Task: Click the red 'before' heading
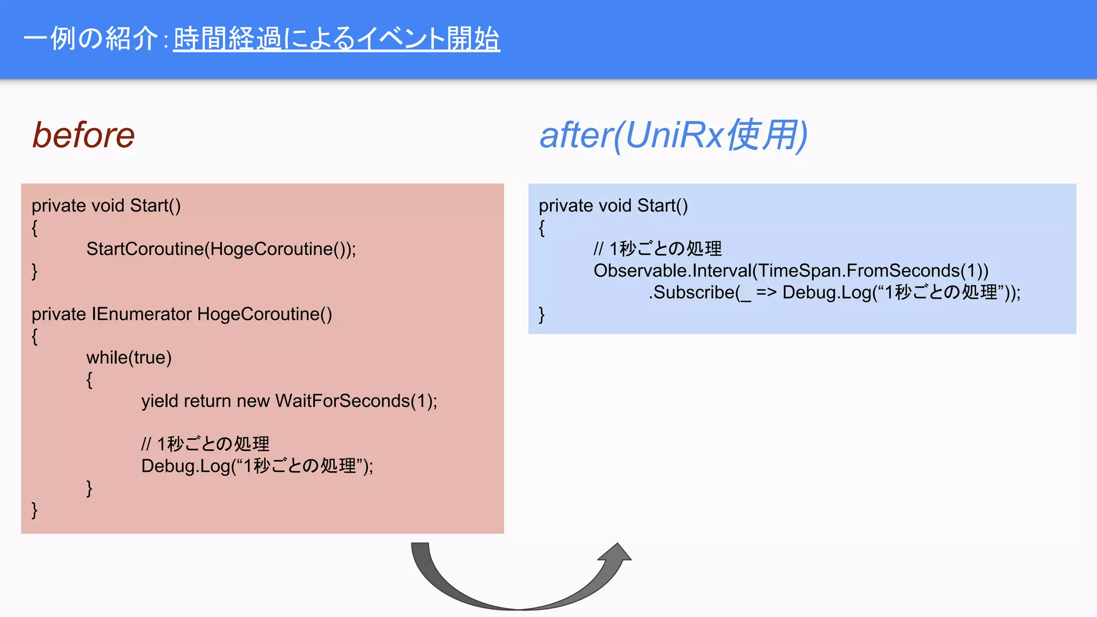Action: coord(84,135)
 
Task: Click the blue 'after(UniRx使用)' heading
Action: coord(673,135)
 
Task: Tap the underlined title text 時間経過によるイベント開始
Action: coord(336,39)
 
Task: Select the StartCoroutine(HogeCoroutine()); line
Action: coord(221,249)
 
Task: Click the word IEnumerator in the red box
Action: coord(141,314)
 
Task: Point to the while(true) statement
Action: coord(129,357)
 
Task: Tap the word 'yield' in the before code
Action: coord(160,401)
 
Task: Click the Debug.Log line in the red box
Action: coord(257,466)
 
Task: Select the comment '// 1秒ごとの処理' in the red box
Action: coord(205,444)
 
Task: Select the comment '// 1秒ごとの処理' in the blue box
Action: coord(657,249)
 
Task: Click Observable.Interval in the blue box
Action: coord(672,270)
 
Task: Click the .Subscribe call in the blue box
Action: coord(691,292)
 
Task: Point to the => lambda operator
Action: coord(767,292)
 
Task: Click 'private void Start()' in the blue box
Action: coord(613,206)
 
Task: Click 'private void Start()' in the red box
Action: coord(106,206)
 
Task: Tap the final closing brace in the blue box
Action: coord(542,314)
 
